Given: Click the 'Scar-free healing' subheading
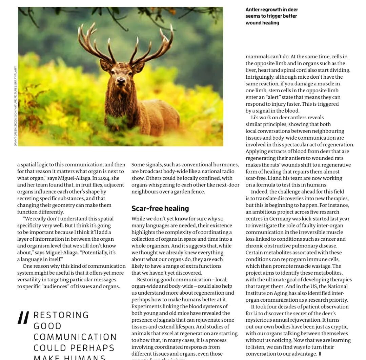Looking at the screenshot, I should (160, 208).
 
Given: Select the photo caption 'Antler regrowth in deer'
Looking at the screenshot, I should (271, 9).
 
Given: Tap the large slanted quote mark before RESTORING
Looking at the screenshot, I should (23, 318).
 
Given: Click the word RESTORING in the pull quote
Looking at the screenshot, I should (61, 315).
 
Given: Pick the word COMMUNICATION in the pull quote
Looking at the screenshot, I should (75, 337).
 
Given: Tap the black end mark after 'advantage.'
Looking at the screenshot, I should (320, 354).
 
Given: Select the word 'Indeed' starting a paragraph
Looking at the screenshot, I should (259, 192).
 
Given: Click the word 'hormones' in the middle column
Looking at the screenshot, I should (227, 165).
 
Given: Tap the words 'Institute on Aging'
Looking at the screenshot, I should (268, 293).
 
